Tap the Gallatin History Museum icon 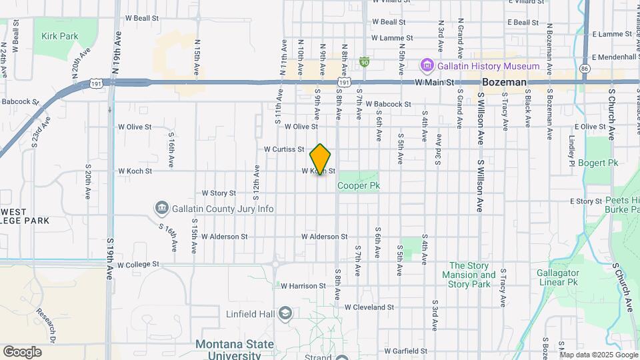click(426, 66)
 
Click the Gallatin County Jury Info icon click(161, 209)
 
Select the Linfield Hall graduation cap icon click(285, 313)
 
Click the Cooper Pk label click(358, 186)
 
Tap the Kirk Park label click(60, 37)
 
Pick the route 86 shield click(585, 68)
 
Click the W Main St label click(434, 83)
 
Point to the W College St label click(138, 265)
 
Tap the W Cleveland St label click(369, 307)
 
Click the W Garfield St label click(409, 350)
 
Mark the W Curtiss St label click(284, 149)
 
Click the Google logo click(22, 351)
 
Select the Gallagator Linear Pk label click(559, 277)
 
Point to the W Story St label click(214, 193)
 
